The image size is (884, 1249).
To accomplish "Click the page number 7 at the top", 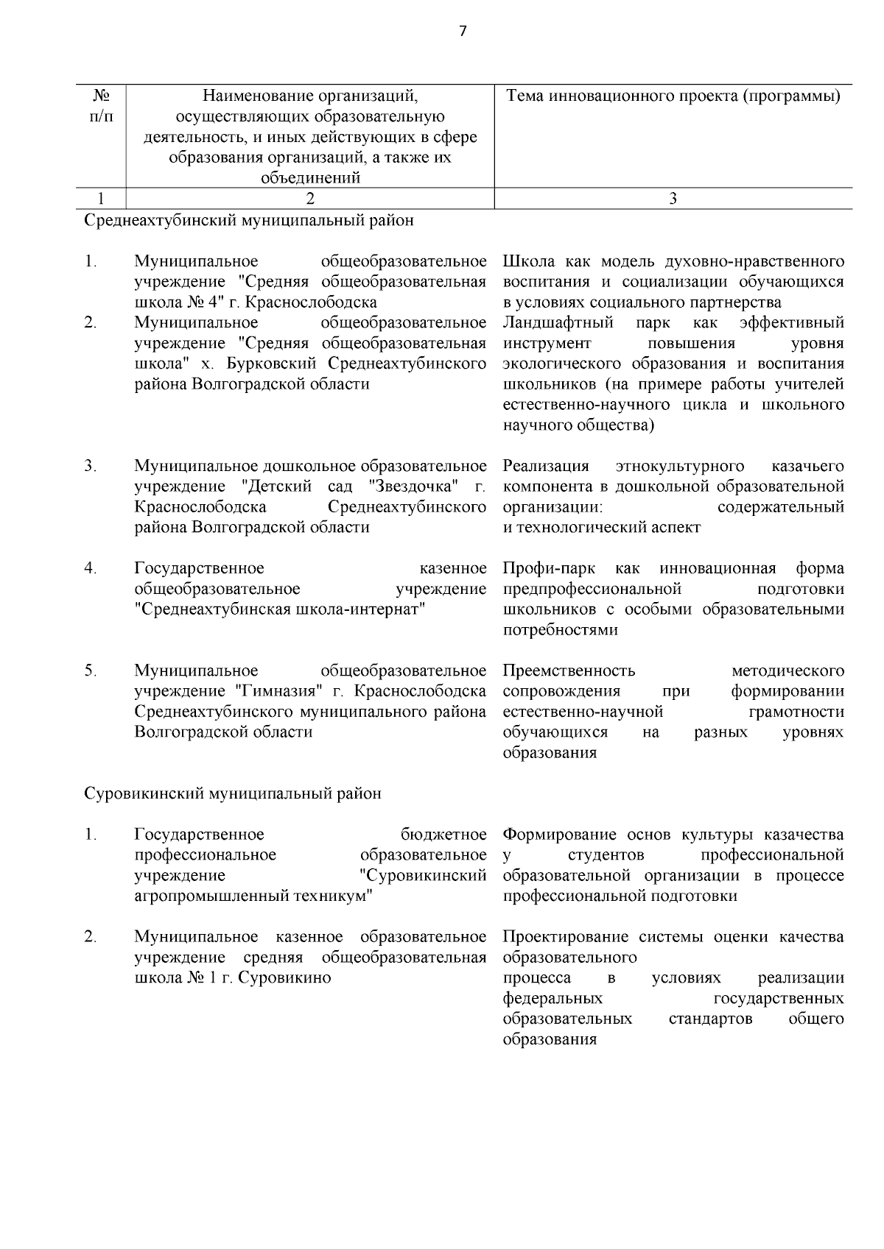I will tap(463, 31).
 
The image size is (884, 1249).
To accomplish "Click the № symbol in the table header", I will tap(101, 96).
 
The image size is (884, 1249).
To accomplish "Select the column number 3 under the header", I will tap(673, 198).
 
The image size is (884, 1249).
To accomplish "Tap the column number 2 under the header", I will tap(309, 198).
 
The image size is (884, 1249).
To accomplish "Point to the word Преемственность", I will tap(569, 671).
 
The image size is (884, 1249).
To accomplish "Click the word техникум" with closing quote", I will tap(336, 896).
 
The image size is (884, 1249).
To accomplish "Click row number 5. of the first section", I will tap(91, 671).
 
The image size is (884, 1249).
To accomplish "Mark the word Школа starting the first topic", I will tap(527, 261).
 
